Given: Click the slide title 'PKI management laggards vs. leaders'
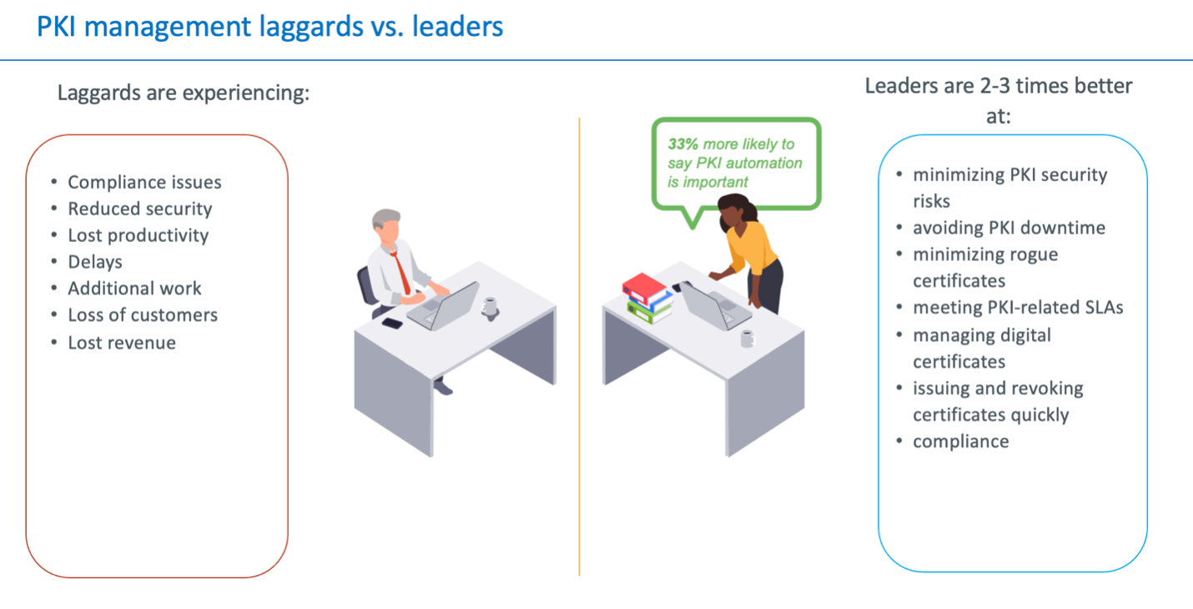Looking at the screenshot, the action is [x=269, y=27].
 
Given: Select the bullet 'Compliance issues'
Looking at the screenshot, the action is [x=144, y=182].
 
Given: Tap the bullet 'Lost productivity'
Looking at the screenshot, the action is [x=138, y=235].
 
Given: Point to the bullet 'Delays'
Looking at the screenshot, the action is [x=95, y=262].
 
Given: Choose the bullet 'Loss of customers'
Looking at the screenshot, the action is [x=143, y=315].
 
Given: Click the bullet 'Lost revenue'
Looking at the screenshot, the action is [x=122, y=343].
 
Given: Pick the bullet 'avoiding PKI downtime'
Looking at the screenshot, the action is [x=1009, y=228].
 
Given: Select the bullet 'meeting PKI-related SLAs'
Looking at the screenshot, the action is [x=1018, y=308].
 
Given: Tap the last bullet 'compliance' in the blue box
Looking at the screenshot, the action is [x=961, y=441].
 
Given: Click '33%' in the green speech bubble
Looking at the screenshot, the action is [x=682, y=143].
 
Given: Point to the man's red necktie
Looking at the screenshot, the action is [x=400, y=272].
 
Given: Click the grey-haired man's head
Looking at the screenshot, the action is [x=386, y=226].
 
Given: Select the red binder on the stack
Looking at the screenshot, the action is [x=643, y=289].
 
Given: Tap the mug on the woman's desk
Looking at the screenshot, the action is [x=748, y=339].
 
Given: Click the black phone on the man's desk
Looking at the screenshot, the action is [x=392, y=323].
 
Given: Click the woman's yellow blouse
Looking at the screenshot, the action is [x=751, y=249].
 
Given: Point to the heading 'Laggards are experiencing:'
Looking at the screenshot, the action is [x=184, y=93].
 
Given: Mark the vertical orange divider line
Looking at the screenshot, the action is [x=579, y=346].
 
